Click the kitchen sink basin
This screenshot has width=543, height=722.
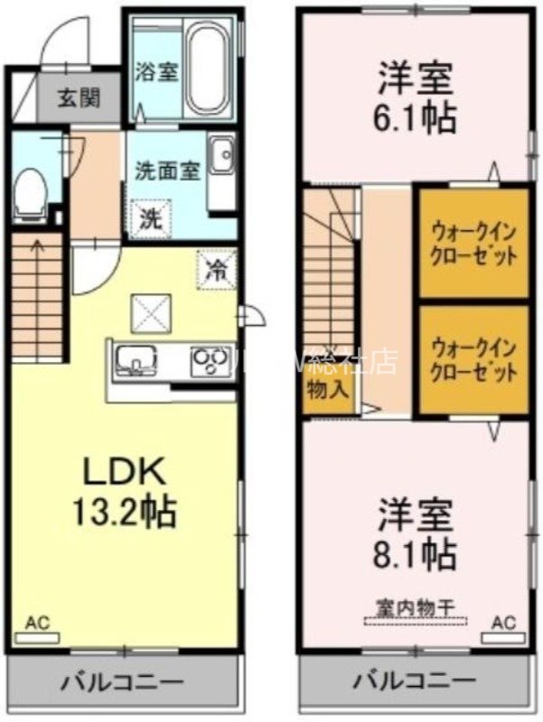click(x=136, y=363)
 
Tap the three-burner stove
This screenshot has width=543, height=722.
click(x=211, y=363)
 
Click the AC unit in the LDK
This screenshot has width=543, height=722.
click(x=37, y=635)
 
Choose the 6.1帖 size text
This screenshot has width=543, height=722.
click(x=417, y=116)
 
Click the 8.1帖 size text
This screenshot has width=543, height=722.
click(x=417, y=551)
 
